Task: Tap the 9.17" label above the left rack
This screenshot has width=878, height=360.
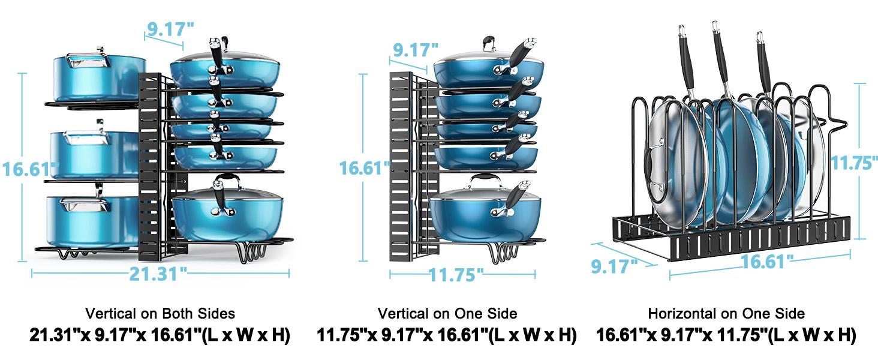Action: [x=170, y=29]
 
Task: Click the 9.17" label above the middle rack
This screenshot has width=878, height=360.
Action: [x=414, y=49]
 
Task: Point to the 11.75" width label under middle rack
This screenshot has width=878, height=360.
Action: [x=456, y=275]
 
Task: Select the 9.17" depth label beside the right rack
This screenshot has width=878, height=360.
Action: [x=614, y=265]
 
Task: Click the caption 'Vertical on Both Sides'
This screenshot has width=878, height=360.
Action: [x=160, y=313]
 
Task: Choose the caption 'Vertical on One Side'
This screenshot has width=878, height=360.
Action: [x=447, y=313]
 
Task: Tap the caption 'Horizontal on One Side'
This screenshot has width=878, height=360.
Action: [x=726, y=313]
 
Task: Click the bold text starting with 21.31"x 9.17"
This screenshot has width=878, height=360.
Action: [x=160, y=335]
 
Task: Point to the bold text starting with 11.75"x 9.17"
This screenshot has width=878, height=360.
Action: [x=447, y=335]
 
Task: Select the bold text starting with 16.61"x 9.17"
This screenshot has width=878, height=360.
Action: [x=726, y=335]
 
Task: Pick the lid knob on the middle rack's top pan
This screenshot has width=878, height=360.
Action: [x=489, y=43]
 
